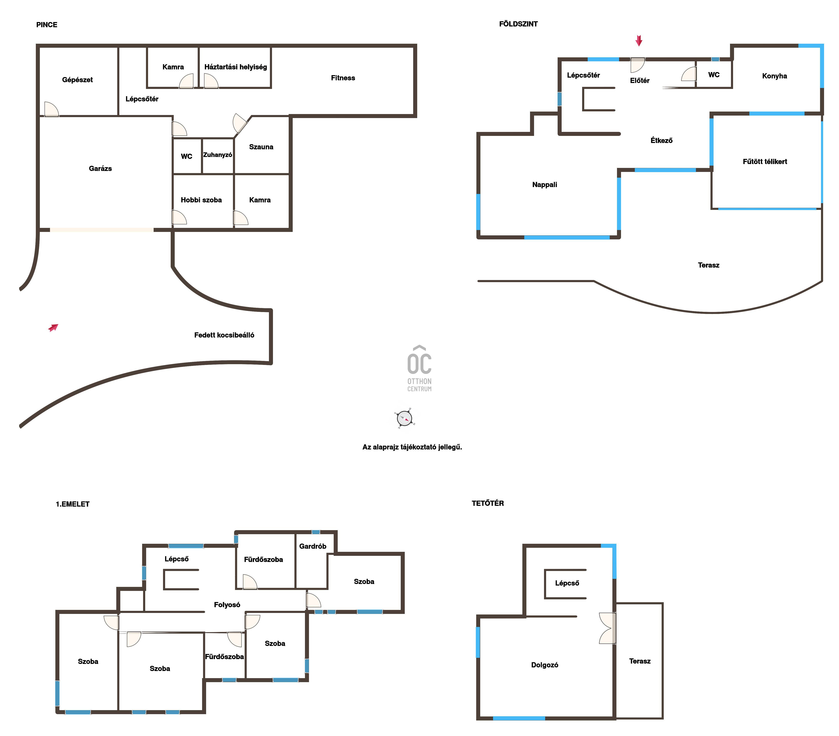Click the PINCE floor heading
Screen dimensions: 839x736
click(x=47, y=25)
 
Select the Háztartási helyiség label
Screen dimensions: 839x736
click(x=236, y=67)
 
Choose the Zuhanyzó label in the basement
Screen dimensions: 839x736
click(x=218, y=155)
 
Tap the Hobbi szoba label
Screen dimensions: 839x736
click(x=201, y=200)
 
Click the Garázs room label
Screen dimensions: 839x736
click(x=100, y=168)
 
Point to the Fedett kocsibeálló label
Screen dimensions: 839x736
click(x=224, y=335)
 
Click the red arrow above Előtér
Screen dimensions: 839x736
click(x=639, y=40)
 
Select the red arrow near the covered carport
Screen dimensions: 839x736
click(x=53, y=327)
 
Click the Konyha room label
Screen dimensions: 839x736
click(x=775, y=76)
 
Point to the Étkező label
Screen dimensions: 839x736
click(x=661, y=140)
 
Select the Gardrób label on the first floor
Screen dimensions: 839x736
click(x=313, y=546)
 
